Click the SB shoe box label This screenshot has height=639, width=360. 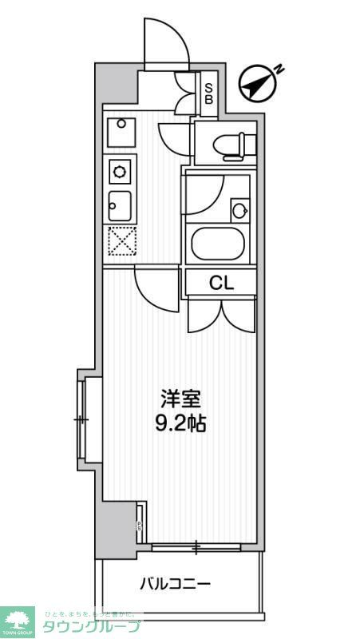point(208,93)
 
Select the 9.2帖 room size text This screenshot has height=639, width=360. point(180,423)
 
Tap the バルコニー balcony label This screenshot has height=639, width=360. point(176,584)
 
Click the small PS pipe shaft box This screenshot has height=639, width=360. point(139,523)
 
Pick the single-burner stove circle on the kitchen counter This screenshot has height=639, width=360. point(121,170)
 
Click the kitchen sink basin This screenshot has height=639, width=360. point(121,207)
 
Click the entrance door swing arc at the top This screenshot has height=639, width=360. point(166,40)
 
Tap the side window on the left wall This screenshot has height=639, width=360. point(82,418)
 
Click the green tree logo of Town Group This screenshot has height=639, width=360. point(18,619)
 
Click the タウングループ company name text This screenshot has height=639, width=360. point(91,626)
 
